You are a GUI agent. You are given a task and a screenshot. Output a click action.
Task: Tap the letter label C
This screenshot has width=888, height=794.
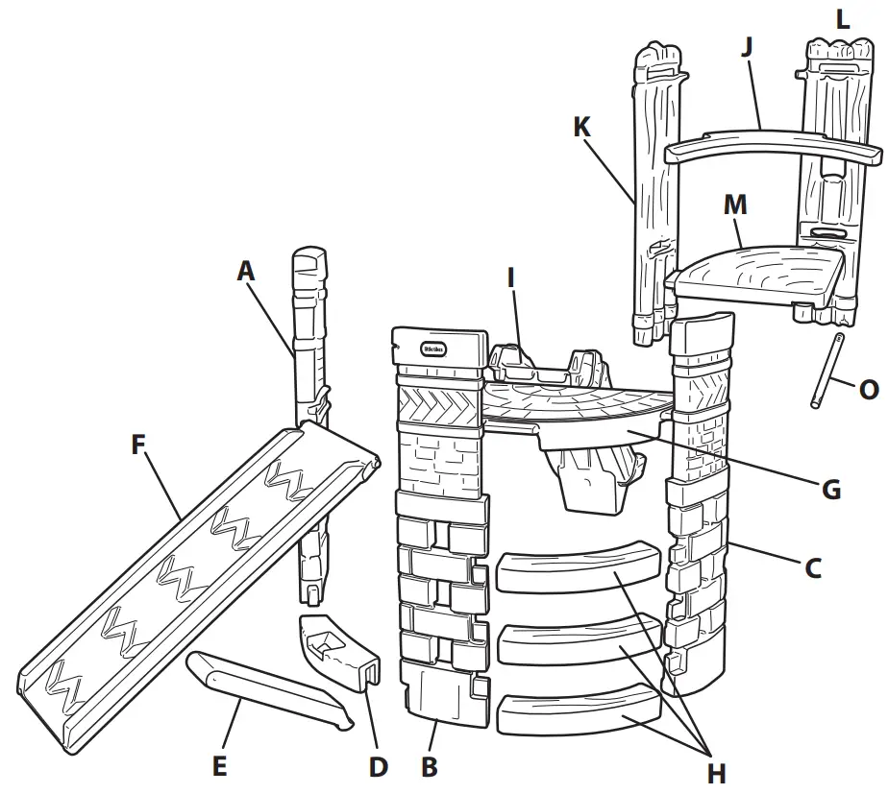[812, 568]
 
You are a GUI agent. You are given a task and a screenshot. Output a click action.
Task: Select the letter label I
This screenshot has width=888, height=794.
[511, 278]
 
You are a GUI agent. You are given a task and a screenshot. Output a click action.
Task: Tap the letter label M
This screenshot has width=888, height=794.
[736, 205]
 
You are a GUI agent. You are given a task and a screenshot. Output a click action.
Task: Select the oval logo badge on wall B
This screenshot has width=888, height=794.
[433, 349]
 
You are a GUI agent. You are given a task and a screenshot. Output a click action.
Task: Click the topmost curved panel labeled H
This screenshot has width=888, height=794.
[580, 569]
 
